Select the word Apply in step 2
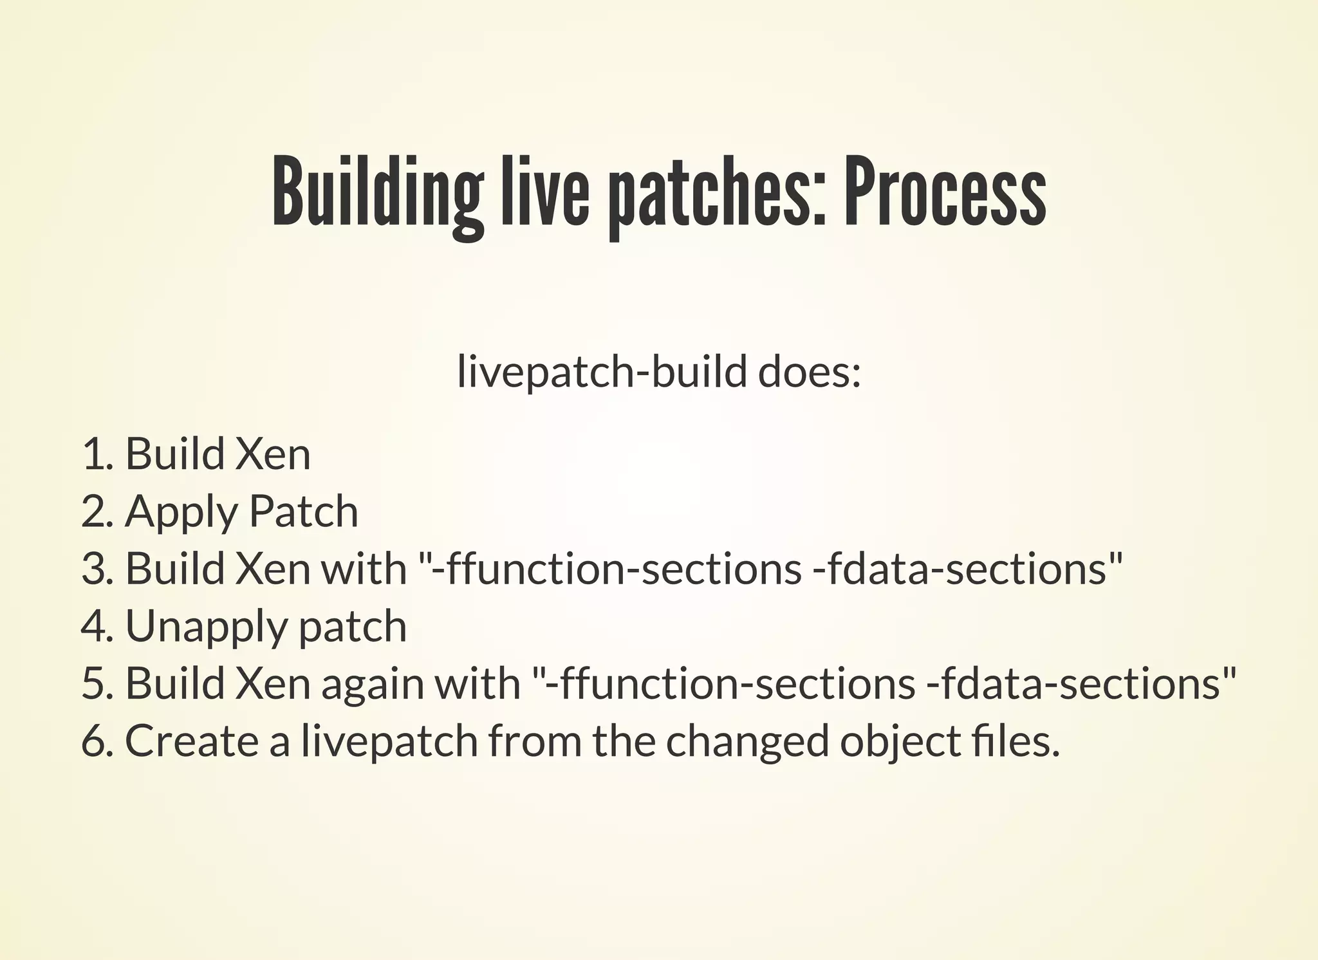(x=181, y=512)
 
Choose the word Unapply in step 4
(x=203, y=627)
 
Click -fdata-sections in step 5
(x=1080, y=683)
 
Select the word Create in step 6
(x=191, y=741)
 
